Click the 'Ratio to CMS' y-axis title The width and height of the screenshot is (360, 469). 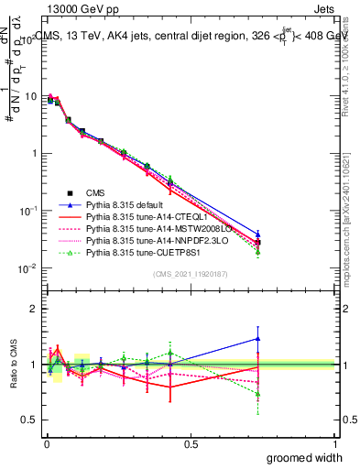[x=12, y=365]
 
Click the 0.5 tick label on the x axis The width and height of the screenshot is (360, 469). [x=191, y=444]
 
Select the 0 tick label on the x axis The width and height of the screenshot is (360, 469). [x=46, y=444]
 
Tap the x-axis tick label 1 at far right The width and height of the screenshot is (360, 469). [x=334, y=444]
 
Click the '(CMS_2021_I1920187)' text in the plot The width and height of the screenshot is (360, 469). [x=190, y=273]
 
